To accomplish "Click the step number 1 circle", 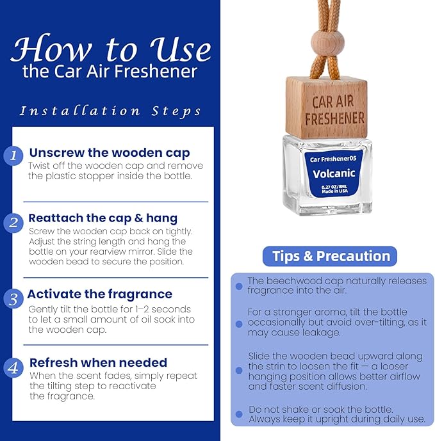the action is point(13,156).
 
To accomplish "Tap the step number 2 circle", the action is point(13,223).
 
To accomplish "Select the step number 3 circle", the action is point(13,299).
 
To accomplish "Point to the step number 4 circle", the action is point(13,368).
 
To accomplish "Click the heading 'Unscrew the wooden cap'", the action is point(110,153).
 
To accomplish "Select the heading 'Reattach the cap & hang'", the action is point(103,218).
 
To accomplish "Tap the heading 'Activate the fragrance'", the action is point(100,294).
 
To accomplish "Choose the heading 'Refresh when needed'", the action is point(98,362).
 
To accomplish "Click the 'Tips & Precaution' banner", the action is point(330,256).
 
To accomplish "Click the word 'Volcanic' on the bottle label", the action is point(334,173).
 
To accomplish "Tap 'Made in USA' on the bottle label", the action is point(335,191).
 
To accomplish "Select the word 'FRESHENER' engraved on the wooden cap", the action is point(334,118).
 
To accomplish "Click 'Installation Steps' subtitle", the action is point(110,111).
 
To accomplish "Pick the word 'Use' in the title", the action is point(181,49).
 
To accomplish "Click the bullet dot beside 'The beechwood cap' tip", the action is point(239,286).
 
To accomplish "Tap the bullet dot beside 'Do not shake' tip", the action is point(239,414).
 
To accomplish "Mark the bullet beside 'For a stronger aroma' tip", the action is point(239,324).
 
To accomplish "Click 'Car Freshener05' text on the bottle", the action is point(333,159).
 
